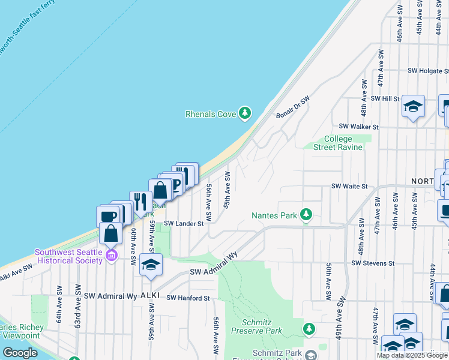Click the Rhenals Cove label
tap(211, 113)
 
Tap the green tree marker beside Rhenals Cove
tap(244, 113)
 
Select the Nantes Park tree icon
tap(306, 215)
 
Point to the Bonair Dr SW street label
tap(292, 107)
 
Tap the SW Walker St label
tap(358, 127)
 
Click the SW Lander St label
tap(184, 223)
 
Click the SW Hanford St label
tap(188, 298)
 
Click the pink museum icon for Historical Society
tap(111, 256)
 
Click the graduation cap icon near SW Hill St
tap(413, 106)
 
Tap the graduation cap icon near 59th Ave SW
tap(151, 264)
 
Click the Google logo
tap(20, 353)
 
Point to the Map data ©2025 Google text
tap(412, 355)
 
